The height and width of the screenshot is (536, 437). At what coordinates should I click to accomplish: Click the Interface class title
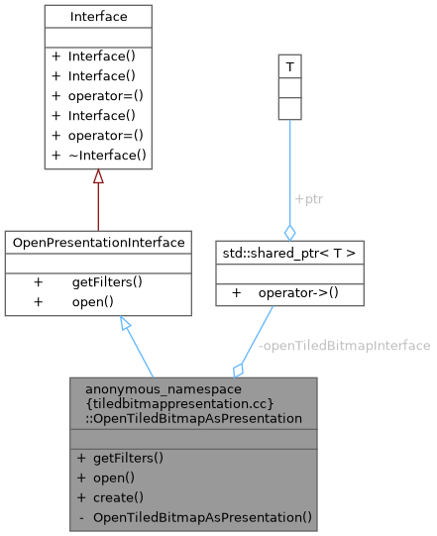click(x=97, y=17)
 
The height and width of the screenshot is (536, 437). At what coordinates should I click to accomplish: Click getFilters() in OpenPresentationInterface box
click(x=107, y=282)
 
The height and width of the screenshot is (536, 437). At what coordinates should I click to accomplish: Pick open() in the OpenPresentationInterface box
click(x=92, y=301)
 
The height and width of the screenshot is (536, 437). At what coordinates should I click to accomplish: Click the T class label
click(x=289, y=66)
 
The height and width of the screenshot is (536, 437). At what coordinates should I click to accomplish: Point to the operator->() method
click(x=296, y=293)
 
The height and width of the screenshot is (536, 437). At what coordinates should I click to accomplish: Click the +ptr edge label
click(x=308, y=198)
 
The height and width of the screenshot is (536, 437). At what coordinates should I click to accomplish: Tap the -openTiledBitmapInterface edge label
click(x=344, y=346)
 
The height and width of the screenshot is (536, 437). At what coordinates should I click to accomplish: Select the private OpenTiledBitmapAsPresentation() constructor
click(x=202, y=517)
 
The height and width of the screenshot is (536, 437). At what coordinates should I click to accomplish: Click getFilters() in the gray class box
click(x=128, y=459)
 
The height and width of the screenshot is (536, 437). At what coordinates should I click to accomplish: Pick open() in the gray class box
click(x=113, y=479)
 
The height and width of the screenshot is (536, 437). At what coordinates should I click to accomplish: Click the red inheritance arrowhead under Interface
click(x=97, y=176)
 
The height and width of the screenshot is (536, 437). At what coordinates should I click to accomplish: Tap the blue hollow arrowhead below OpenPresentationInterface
click(x=124, y=324)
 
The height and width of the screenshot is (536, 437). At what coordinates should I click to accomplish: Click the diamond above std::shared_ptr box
click(x=289, y=232)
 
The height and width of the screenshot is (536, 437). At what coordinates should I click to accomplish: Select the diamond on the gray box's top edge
click(x=239, y=370)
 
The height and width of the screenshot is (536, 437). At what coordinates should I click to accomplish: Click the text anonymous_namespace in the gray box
click(x=141, y=389)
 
